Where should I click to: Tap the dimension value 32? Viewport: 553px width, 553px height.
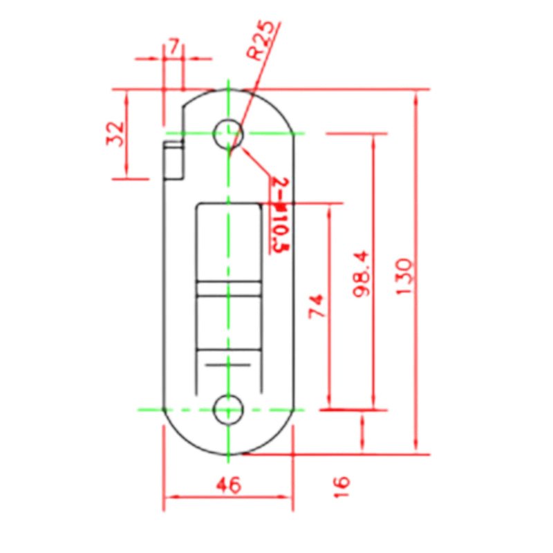pyautogui.click(x=115, y=134)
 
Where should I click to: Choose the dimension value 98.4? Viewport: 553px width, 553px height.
pyautogui.click(x=362, y=274)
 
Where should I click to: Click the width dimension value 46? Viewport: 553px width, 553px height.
pyautogui.click(x=228, y=486)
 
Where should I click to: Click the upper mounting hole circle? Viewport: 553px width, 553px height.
pyautogui.click(x=227, y=133)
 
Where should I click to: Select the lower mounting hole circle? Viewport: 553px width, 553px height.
pyautogui.click(x=227, y=409)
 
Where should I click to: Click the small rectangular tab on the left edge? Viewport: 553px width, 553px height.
pyautogui.click(x=174, y=160)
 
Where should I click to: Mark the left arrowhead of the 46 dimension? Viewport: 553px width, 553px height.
pyautogui.click(x=168, y=496)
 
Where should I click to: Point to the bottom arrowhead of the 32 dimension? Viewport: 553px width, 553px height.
pyautogui.click(x=126, y=174)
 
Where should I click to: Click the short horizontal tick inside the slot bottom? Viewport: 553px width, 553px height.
pyautogui.click(x=228, y=363)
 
